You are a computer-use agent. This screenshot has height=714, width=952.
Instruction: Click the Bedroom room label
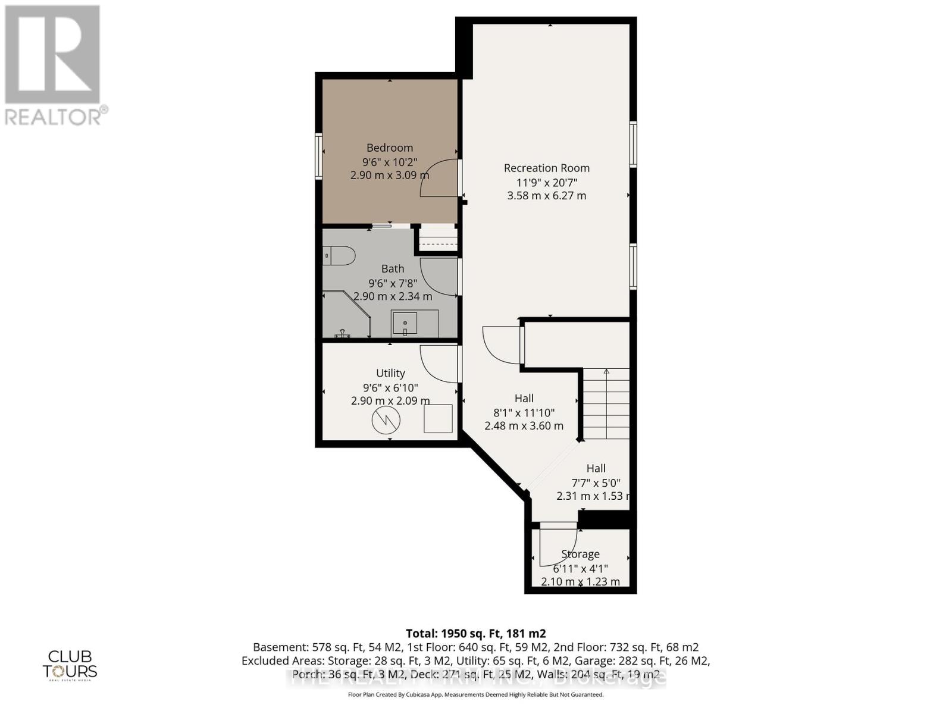click(389, 148)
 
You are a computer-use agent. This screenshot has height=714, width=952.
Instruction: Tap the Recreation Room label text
click(546, 168)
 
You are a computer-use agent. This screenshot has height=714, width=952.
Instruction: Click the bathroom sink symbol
click(405, 324)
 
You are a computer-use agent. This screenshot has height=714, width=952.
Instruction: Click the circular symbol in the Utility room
click(386, 421)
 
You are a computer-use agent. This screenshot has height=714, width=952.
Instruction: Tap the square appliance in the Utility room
click(438, 418)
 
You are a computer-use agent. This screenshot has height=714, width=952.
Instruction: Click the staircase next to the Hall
click(606, 404)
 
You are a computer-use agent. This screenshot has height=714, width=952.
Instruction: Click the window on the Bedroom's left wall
click(318, 156)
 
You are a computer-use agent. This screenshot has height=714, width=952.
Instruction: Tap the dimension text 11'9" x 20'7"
click(546, 182)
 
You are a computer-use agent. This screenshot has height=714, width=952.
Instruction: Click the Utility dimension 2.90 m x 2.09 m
click(390, 400)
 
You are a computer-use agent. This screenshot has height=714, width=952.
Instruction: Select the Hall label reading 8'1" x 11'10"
click(524, 412)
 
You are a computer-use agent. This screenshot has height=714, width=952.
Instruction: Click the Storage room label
click(580, 554)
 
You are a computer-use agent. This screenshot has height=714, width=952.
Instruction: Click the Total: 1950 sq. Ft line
click(475, 633)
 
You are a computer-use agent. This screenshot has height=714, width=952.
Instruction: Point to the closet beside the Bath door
click(438, 240)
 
